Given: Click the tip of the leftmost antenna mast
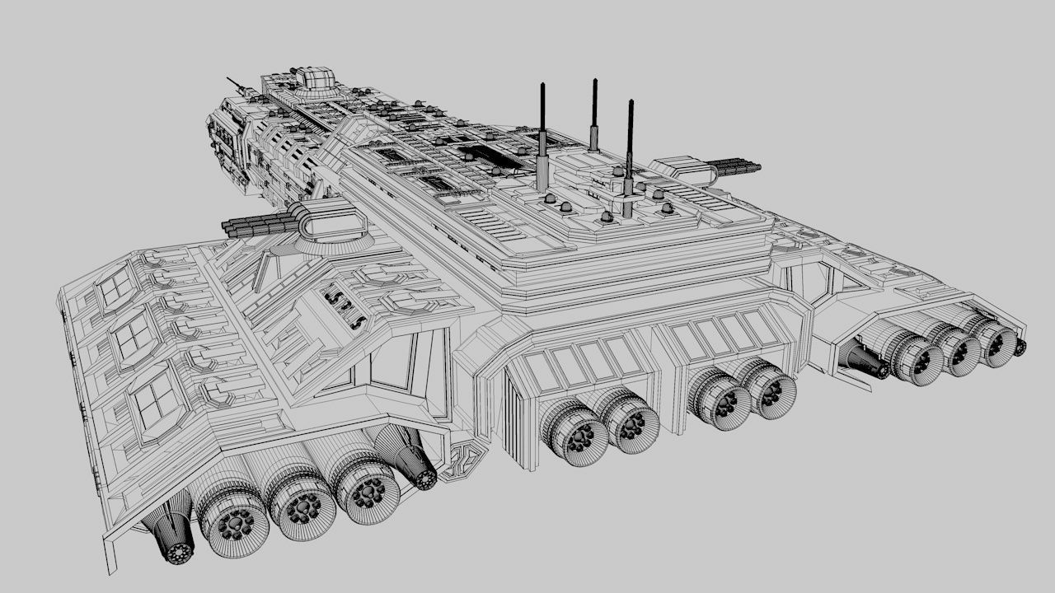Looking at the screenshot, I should pyautogui.click(x=542, y=85).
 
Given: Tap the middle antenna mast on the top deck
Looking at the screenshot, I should pyautogui.click(x=593, y=115).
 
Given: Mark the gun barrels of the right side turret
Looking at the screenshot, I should pyautogui.click(x=733, y=166).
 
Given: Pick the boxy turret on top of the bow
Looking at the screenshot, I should pyautogui.click(x=315, y=78).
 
